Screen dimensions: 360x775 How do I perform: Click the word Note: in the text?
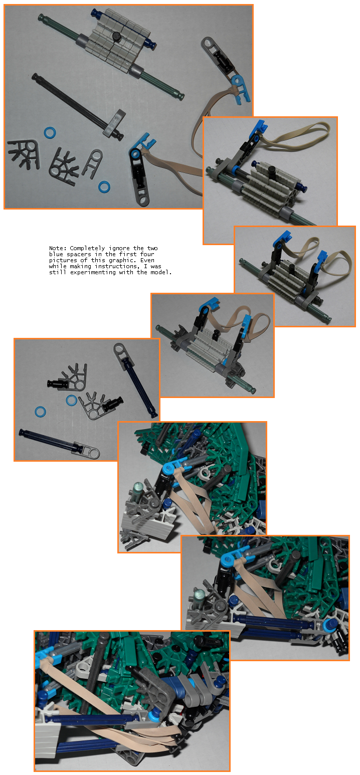pos(58,248)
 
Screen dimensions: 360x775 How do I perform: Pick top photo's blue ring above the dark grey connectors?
pos(50,132)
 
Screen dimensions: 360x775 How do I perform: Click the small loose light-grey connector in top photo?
pos(92,163)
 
